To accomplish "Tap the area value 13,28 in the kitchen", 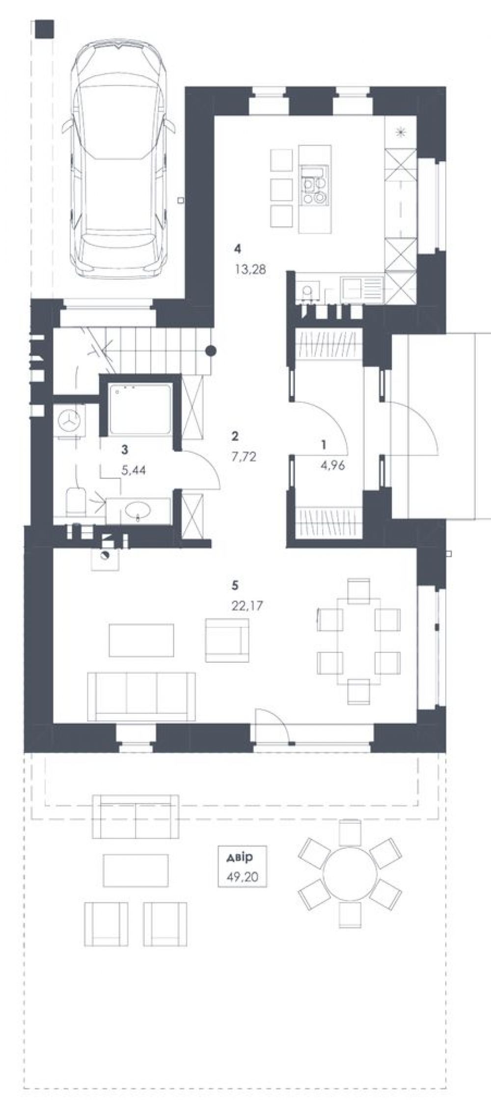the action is [250, 269].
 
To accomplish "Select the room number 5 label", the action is [236, 585].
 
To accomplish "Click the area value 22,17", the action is [247, 606].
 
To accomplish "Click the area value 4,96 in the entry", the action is [332, 465].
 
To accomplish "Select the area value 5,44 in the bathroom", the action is [133, 470].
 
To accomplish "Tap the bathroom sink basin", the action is [138, 512].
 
